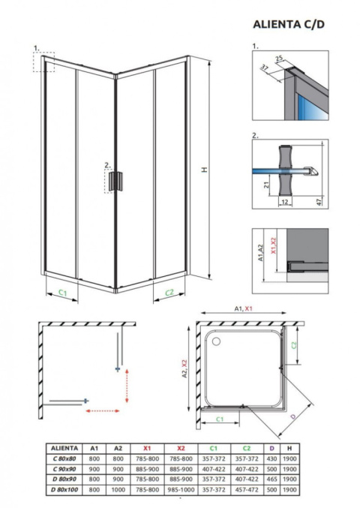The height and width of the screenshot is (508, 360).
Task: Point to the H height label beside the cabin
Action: [203, 170]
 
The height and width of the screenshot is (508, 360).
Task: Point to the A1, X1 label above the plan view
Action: [244, 309]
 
